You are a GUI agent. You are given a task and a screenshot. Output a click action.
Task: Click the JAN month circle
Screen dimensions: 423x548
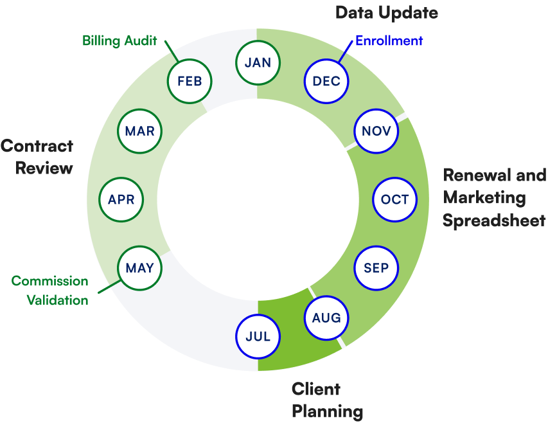coord(258,62)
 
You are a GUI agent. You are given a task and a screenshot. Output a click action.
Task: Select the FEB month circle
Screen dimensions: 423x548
coord(190,81)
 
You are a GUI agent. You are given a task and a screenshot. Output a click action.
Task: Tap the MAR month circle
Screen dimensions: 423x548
coord(139,131)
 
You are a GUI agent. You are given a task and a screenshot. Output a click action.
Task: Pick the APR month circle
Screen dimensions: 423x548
coord(121,199)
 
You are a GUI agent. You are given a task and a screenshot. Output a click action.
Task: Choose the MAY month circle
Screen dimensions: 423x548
coord(139,267)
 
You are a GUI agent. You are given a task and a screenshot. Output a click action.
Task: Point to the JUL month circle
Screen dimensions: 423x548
coord(258,336)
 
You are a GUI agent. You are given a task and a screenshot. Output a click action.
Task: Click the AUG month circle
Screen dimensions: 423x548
coord(326,318)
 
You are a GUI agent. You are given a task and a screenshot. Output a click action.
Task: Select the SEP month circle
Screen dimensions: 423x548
coord(376,267)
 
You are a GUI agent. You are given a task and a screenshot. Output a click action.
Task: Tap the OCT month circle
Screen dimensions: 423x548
coord(394,199)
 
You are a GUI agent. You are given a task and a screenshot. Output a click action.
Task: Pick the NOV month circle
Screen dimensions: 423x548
coord(376,131)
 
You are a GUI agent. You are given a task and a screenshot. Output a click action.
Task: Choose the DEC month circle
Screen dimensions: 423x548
coord(326,81)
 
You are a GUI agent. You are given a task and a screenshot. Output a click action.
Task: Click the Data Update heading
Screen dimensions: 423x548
coord(387,12)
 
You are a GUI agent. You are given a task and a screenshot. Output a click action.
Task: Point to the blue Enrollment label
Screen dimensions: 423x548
coord(389,41)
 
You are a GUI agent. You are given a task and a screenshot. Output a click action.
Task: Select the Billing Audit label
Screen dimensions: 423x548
coord(119,41)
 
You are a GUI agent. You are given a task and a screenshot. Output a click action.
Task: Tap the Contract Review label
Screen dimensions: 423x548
coord(37,157)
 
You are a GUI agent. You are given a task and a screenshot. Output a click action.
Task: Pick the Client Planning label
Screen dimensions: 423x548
coord(326,400)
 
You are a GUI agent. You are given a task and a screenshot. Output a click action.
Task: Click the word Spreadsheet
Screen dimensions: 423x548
coord(493,221)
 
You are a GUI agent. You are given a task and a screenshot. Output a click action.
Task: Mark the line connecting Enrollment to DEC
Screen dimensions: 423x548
coord(344,53)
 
